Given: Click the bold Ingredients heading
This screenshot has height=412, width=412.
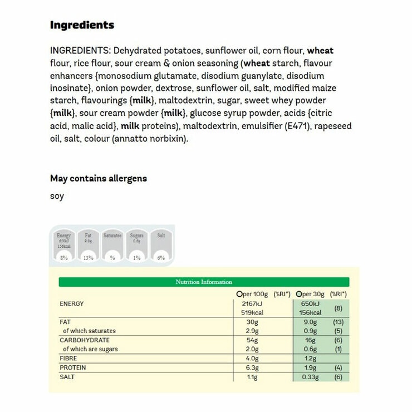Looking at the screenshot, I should (82, 25).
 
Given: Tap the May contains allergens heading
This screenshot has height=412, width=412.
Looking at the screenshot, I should (99, 179).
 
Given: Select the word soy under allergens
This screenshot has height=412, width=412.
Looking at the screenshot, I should (57, 196).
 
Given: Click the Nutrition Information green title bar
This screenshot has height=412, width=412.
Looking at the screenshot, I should (204, 282).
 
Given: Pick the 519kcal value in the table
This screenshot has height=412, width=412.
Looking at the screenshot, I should (251, 312).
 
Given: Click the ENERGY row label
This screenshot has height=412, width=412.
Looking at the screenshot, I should (71, 303).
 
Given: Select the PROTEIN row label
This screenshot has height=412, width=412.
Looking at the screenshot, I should (73, 368).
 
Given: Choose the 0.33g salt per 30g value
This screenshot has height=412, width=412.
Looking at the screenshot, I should (309, 377).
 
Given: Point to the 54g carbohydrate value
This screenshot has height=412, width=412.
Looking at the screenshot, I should (254, 340).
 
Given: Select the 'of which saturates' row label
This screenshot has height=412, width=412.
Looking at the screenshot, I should (89, 331).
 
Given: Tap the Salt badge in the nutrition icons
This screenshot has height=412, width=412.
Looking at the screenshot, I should (161, 246).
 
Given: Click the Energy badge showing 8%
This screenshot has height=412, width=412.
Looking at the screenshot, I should (64, 246).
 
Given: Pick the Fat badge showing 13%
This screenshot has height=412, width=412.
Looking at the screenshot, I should (88, 246).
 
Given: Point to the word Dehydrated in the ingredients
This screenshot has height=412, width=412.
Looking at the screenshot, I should (140, 51).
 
